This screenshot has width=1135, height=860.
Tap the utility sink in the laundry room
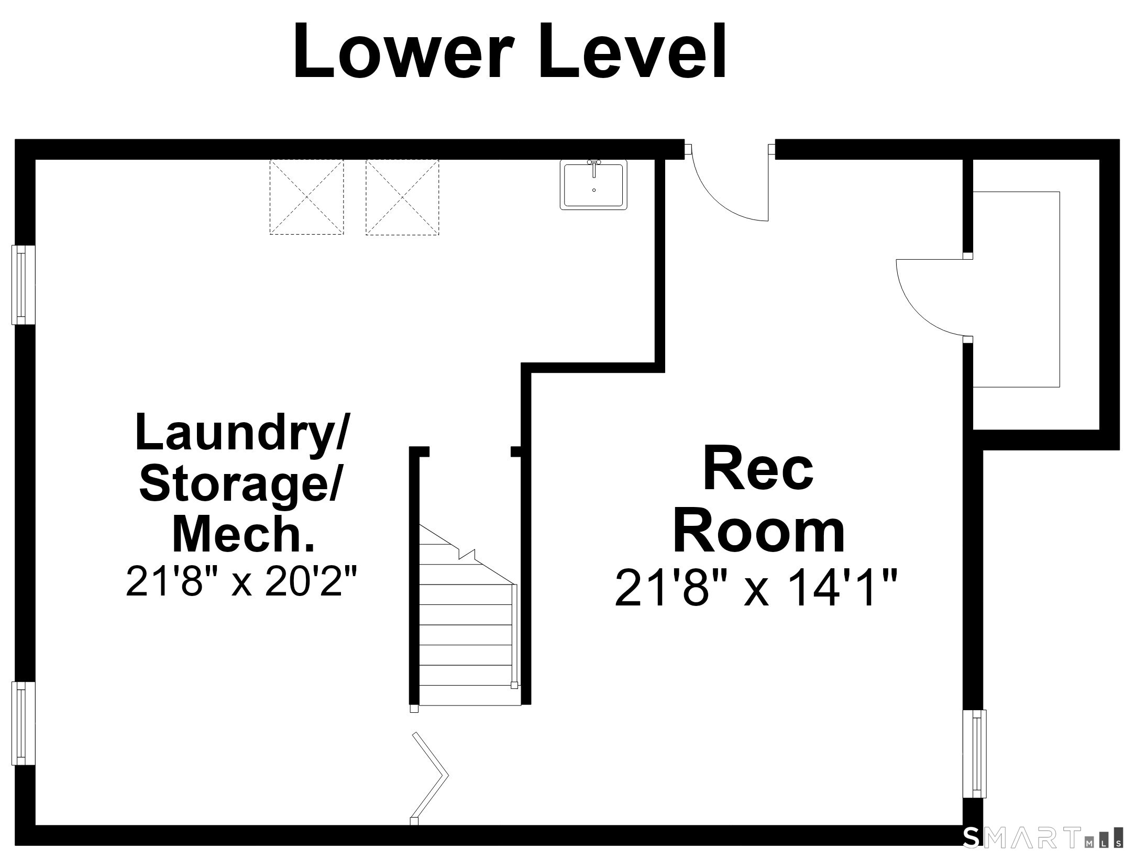click(x=593, y=184)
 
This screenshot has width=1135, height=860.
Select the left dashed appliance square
click(x=306, y=197)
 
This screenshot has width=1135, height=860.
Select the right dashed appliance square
click(x=402, y=197)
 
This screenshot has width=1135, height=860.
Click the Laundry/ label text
click(x=241, y=433)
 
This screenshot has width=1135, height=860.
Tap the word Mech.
click(x=244, y=534)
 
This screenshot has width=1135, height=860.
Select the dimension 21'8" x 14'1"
click(x=756, y=588)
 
